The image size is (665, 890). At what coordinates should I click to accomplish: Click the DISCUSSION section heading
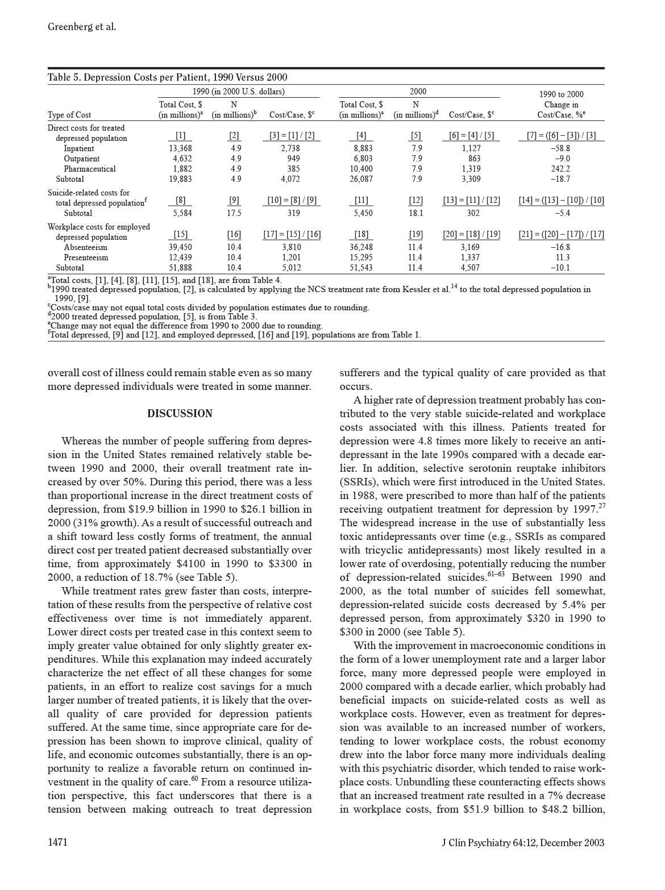point(180,414)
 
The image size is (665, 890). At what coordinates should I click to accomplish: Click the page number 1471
point(58,842)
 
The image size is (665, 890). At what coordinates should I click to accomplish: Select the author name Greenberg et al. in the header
point(82,27)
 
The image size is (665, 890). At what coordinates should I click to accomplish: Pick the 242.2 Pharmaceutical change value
point(560,169)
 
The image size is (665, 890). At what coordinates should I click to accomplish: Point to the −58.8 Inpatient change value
point(560,148)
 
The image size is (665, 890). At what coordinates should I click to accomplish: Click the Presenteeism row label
point(86,257)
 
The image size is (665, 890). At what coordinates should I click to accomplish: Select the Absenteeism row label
point(85,247)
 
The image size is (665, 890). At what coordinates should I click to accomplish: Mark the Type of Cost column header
point(69,115)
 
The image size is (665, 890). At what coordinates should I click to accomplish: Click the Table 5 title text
point(167,77)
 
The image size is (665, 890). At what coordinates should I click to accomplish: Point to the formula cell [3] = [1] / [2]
point(292,136)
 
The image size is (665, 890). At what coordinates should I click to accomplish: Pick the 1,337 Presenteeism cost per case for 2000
point(471,257)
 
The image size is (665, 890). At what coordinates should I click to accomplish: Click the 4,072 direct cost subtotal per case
point(290,179)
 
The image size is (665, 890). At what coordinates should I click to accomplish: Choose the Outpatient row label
point(81,159)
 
